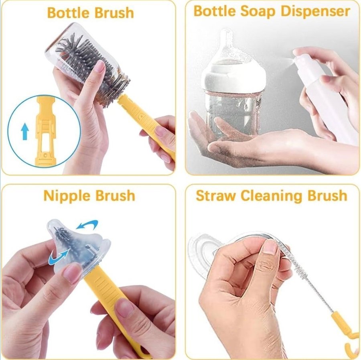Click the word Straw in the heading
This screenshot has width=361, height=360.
pos(216,196)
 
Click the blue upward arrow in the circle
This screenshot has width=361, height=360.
pos(25,131)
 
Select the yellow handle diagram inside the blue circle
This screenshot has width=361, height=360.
pos(46,130)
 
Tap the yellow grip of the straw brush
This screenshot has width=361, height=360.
pos(340,322)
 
